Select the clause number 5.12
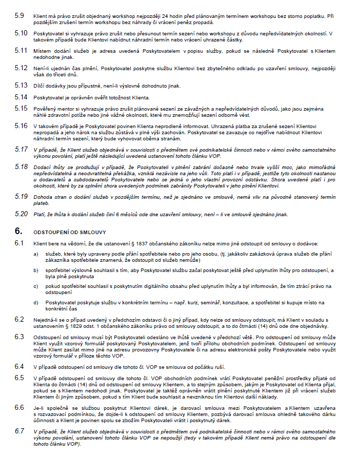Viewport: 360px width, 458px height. point(21,67)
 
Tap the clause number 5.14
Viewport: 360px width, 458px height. point(21,97)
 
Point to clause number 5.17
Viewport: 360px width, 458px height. point(21,149)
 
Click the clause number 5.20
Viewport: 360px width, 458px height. point(21,213)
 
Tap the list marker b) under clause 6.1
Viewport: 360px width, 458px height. point(35,269)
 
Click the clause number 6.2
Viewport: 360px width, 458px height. point(19,319)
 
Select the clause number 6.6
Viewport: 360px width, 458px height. point(19,407)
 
